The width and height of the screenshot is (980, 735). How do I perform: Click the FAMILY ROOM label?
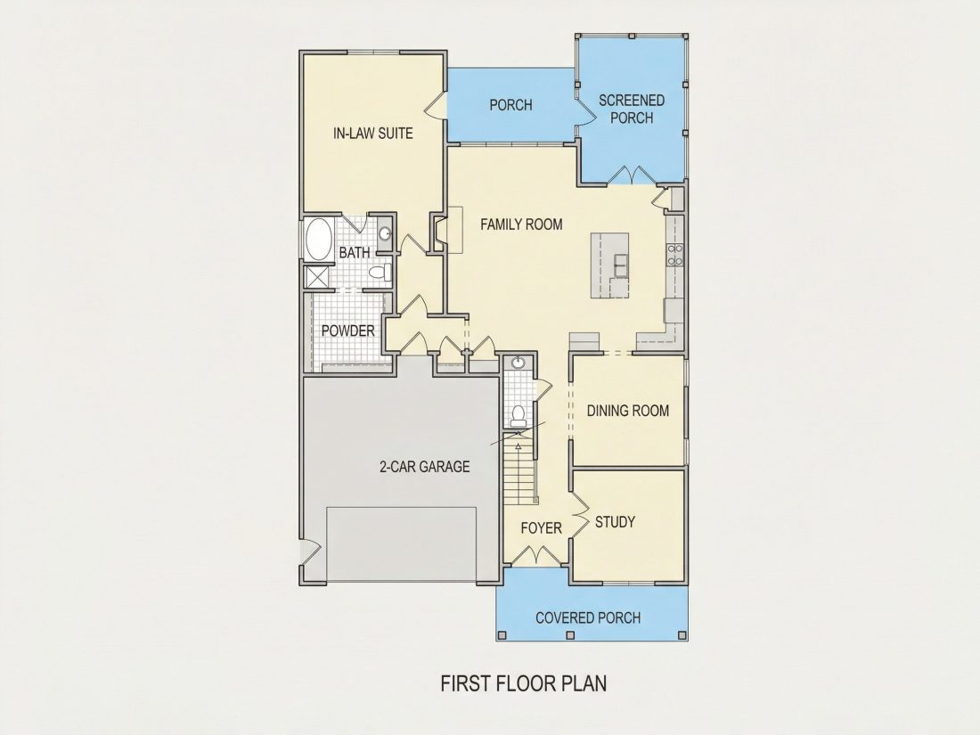[521, 225]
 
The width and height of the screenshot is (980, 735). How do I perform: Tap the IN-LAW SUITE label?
[373, 133]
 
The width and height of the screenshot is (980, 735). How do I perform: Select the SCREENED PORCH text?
[632, 109]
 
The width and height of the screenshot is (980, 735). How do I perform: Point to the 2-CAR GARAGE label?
[425, 466]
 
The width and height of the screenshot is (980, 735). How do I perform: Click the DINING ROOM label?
[627, 411]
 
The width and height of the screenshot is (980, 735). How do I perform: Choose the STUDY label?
[615, 522]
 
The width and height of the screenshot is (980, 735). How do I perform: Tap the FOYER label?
[542, 528]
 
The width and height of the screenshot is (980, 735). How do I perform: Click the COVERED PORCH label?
[588, 617]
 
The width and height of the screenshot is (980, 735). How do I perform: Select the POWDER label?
[347, 331]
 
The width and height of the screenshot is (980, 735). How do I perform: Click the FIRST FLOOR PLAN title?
[524, 683]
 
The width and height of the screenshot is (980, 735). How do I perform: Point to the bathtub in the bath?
[319, 239]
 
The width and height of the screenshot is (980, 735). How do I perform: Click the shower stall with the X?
[318, 277]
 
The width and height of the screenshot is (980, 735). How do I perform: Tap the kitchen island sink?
[621, 265]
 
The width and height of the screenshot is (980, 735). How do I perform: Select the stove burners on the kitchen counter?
[675, 255]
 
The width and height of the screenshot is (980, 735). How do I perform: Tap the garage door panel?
[401, 543]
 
